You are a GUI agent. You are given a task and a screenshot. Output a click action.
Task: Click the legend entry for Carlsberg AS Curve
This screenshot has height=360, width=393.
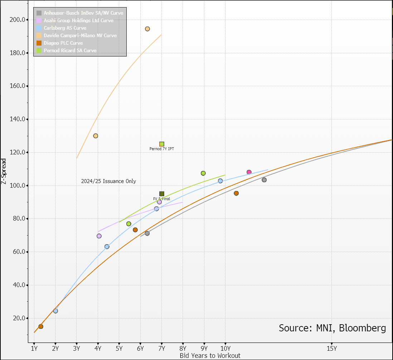pos(65,28)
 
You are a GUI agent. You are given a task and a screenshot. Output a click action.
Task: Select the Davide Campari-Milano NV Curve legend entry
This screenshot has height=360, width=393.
pos(80,35)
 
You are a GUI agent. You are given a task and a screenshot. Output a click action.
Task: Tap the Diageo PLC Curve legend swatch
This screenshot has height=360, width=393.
pos(39,43)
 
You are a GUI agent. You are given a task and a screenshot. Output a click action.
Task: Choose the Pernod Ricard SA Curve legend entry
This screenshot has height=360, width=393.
pos(70,50)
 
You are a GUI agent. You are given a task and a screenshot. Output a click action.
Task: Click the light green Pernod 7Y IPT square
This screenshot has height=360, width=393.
pos(162,144)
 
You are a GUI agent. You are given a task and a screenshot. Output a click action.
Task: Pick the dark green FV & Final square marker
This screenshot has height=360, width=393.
pos(162,194)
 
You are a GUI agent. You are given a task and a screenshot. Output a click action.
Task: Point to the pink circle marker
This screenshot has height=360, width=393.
pos(249,172)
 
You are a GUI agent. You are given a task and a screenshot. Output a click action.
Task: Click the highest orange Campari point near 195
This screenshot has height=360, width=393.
pos(147,29)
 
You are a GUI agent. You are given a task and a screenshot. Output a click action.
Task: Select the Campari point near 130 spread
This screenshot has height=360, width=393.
pos(96,136)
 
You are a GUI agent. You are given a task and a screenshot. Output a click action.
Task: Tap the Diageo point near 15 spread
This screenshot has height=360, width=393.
pos(41,326)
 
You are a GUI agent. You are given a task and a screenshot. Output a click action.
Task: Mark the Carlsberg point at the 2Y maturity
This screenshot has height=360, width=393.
pos(55,311)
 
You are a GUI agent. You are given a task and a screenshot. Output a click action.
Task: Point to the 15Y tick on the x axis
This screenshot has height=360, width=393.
pos(331,348)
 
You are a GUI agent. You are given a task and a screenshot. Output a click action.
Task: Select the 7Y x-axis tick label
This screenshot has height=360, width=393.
pos(162,348)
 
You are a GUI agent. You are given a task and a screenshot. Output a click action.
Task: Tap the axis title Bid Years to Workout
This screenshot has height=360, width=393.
pos(210,355)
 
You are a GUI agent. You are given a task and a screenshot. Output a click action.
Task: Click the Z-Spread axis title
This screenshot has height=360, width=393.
pos(4,172)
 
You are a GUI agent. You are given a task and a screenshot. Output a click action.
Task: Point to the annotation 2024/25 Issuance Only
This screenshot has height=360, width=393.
pos(108,181)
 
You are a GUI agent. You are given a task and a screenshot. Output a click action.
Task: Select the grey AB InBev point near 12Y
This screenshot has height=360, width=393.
pos(264,180)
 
